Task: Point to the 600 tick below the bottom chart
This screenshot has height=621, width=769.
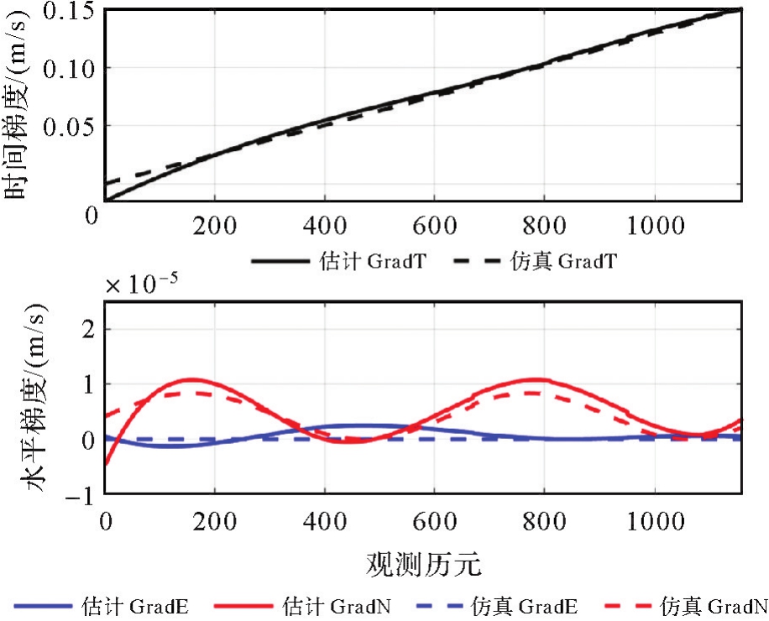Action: [434, 520]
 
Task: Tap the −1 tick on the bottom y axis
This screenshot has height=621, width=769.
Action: [85, 494]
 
